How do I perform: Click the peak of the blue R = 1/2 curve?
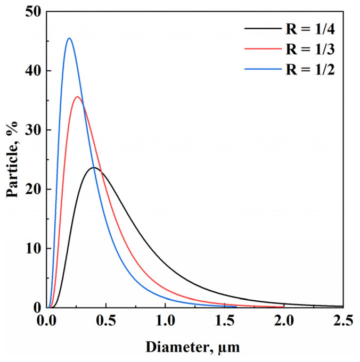(69, 38)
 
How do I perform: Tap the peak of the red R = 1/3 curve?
(78, 97)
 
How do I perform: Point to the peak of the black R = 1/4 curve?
(94, 168)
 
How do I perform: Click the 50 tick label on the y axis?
(32, 12)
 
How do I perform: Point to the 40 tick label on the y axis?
(32, 71)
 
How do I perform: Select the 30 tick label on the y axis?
(32, 130)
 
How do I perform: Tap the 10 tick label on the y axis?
(32, 249)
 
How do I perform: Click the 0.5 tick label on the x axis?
(106, 322)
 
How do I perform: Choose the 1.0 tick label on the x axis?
(165, 322)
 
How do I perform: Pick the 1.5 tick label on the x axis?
(224, 322)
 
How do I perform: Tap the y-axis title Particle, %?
(13, 160)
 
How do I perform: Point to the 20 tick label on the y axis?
(32, 190)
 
